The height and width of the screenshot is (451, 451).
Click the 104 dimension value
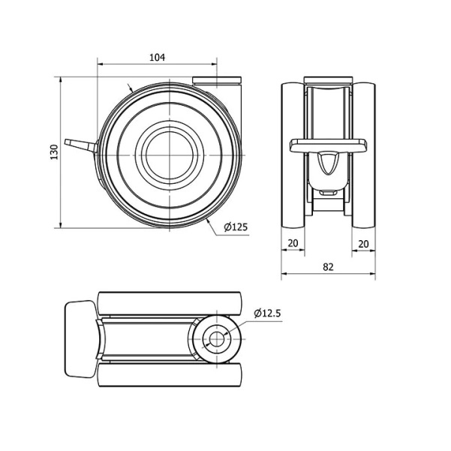coord(158,58)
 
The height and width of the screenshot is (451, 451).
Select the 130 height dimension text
coord(54,152)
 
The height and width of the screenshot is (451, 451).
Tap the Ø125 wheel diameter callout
coord(236,227)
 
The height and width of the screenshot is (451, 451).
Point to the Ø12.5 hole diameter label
coord(267,313)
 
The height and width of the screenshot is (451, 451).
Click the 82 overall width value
coord(328,267)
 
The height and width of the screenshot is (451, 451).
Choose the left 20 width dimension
coord(293,243)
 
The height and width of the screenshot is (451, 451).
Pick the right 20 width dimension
coord(363,244)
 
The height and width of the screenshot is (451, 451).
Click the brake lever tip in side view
coord(66,142)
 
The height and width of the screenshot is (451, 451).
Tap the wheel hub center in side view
coord(170,155)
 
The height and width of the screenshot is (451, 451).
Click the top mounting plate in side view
coord(217,80)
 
